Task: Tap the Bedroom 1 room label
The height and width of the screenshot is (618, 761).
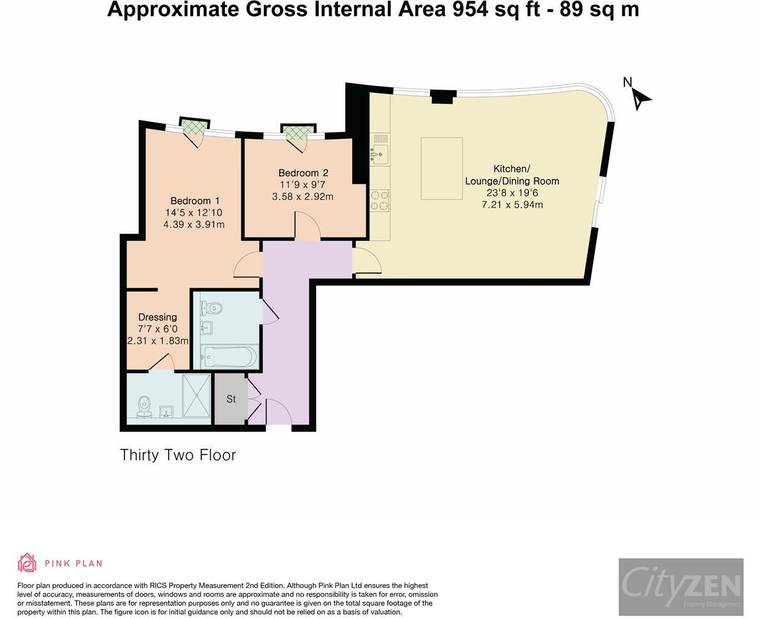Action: pos(195,200)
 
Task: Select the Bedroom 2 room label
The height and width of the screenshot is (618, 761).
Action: pos(303,173)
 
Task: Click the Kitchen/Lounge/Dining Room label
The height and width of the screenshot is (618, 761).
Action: pos(512,175)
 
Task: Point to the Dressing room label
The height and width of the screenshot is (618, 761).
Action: pos(158,317)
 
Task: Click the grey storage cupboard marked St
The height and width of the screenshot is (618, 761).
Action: pos(231,399)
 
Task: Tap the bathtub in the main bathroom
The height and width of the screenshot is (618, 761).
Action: pos(228,356)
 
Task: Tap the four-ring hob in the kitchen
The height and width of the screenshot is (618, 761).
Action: pos(380,200)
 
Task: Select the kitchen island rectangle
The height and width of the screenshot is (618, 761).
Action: pos(442,169)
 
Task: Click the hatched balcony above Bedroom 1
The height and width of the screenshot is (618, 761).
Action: pos(194,126)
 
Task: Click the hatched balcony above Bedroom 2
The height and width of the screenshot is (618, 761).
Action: pos(298,132)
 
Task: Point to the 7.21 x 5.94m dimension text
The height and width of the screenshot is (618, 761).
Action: pos(512,205)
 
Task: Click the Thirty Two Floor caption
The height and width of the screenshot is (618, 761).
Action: pos(178,455)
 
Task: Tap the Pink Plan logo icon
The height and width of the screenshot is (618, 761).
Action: pos(27,562)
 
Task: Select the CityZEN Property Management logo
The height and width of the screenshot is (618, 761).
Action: pos(680,587)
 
